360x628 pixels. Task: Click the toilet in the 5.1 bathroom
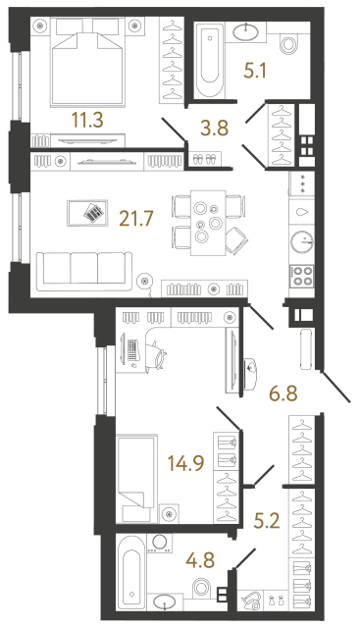[289, 44]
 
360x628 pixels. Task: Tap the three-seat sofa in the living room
[82, 268]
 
